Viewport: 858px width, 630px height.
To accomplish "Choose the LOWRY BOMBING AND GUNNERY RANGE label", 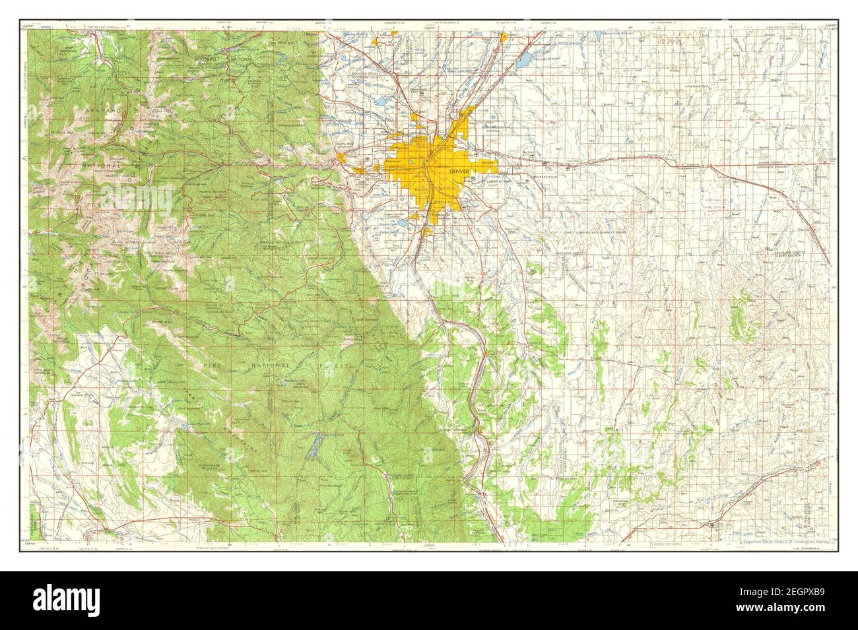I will pos(581,233).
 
